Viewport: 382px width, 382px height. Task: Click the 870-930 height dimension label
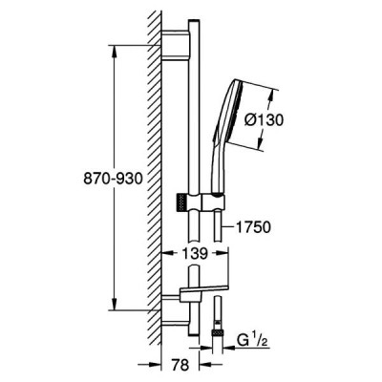(113, 180)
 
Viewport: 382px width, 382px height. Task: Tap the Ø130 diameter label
(264, 120)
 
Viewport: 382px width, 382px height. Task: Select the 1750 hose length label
(253, 227)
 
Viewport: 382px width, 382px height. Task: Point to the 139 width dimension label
(195, 253)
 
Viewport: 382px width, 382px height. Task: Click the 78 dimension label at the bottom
(180, 365)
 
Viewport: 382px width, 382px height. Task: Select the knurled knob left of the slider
(181, 202)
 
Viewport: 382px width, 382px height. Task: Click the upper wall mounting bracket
(176, 45)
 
